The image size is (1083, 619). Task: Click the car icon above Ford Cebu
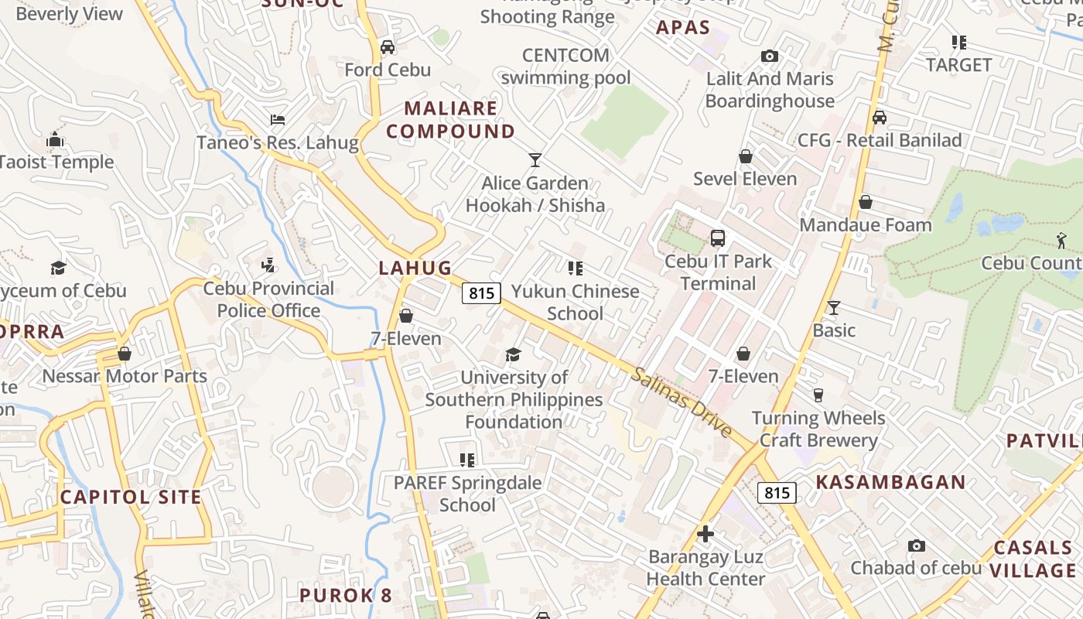click(x=388, y=47)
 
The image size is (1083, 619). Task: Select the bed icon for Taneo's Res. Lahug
click(x=278, y=120)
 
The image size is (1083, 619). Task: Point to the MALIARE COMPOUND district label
click(x=450, y=120)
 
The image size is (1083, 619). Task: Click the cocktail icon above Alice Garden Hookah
click(x=535, y=160)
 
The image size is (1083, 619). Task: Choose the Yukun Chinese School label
click(x=575, y=303)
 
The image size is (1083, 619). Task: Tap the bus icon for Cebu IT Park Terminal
click(x=718, y=238)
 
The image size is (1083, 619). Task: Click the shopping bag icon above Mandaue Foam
click(x=866, y=202)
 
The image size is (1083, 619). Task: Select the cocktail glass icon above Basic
click(x=833, y=308)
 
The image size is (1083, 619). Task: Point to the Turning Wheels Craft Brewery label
click(x=818, y=429)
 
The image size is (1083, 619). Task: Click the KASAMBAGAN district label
click(x=890, y=483)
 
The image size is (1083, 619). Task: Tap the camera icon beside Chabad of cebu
click(x=917, y=546)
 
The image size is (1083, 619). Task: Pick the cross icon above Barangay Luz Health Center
click(x=705, y=534)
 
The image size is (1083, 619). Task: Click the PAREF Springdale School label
click(x=467, y=494)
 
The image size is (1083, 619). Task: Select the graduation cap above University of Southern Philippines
click(x=513, y=354)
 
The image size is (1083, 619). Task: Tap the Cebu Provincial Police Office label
click(x=268, y=299)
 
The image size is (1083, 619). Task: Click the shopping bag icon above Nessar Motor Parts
click(x=125, y=354)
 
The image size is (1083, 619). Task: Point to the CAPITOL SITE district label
click(x=131, y=497)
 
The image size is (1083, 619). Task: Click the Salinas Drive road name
click(x=681, y=403)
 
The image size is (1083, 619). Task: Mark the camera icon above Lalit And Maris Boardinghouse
click(x=769, y=56)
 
